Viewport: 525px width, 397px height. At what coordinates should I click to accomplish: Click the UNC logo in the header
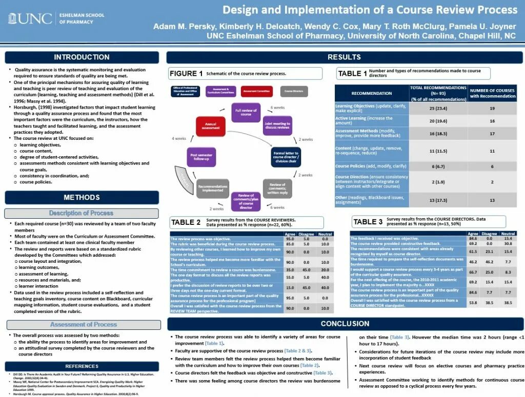click(x=30, y=19)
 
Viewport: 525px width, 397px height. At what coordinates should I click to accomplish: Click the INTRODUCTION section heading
click(x=82, y=57)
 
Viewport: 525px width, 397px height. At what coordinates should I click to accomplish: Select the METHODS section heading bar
click(x=82, y=197)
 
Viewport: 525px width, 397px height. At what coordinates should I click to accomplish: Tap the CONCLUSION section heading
click(x=345, y=324)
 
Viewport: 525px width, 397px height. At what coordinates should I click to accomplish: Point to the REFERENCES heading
click(x=82, y=366)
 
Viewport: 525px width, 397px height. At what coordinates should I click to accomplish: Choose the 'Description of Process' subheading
click(x=82, y=213)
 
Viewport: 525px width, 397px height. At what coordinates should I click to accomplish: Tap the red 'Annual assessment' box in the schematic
click(x=211, y=126)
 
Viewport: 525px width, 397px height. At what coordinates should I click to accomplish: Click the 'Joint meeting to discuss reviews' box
click(x=277, y=126)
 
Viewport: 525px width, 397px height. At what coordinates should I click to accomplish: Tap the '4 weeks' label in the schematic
click(x=179, y=139)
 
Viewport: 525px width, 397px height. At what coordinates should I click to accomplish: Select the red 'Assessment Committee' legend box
click(x=256, y=92)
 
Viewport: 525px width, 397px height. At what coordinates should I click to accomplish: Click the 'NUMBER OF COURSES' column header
click(x=492, y=93)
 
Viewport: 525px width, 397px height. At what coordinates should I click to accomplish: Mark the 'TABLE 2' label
click(x=186, y=222)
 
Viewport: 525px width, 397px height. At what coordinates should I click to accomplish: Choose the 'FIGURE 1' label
click(x=186, y=73)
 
